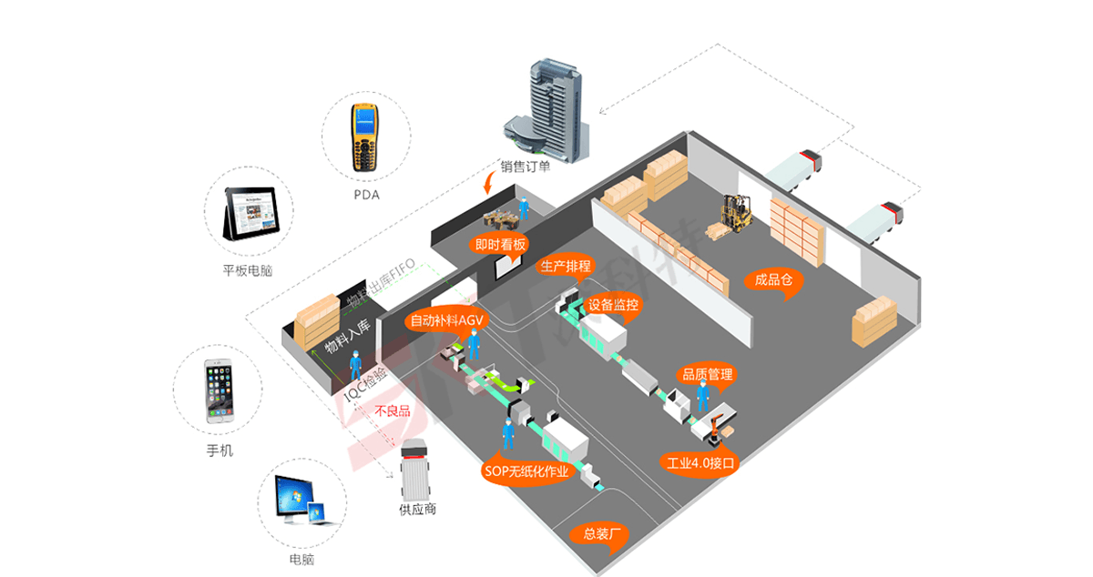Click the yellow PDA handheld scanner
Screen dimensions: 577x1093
[x=365, y=138]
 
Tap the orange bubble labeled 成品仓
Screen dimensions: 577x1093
[x=773, y=280]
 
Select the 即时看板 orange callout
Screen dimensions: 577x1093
[x=500, y=244]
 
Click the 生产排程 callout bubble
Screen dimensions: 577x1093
[x=566, y=267]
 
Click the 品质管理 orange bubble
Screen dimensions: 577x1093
[x=707, y=374]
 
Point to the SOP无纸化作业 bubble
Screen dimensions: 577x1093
[x=526, y=471]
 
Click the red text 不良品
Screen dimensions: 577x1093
[x=392, y=411]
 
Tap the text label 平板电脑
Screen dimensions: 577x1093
[x=248, y=270]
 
